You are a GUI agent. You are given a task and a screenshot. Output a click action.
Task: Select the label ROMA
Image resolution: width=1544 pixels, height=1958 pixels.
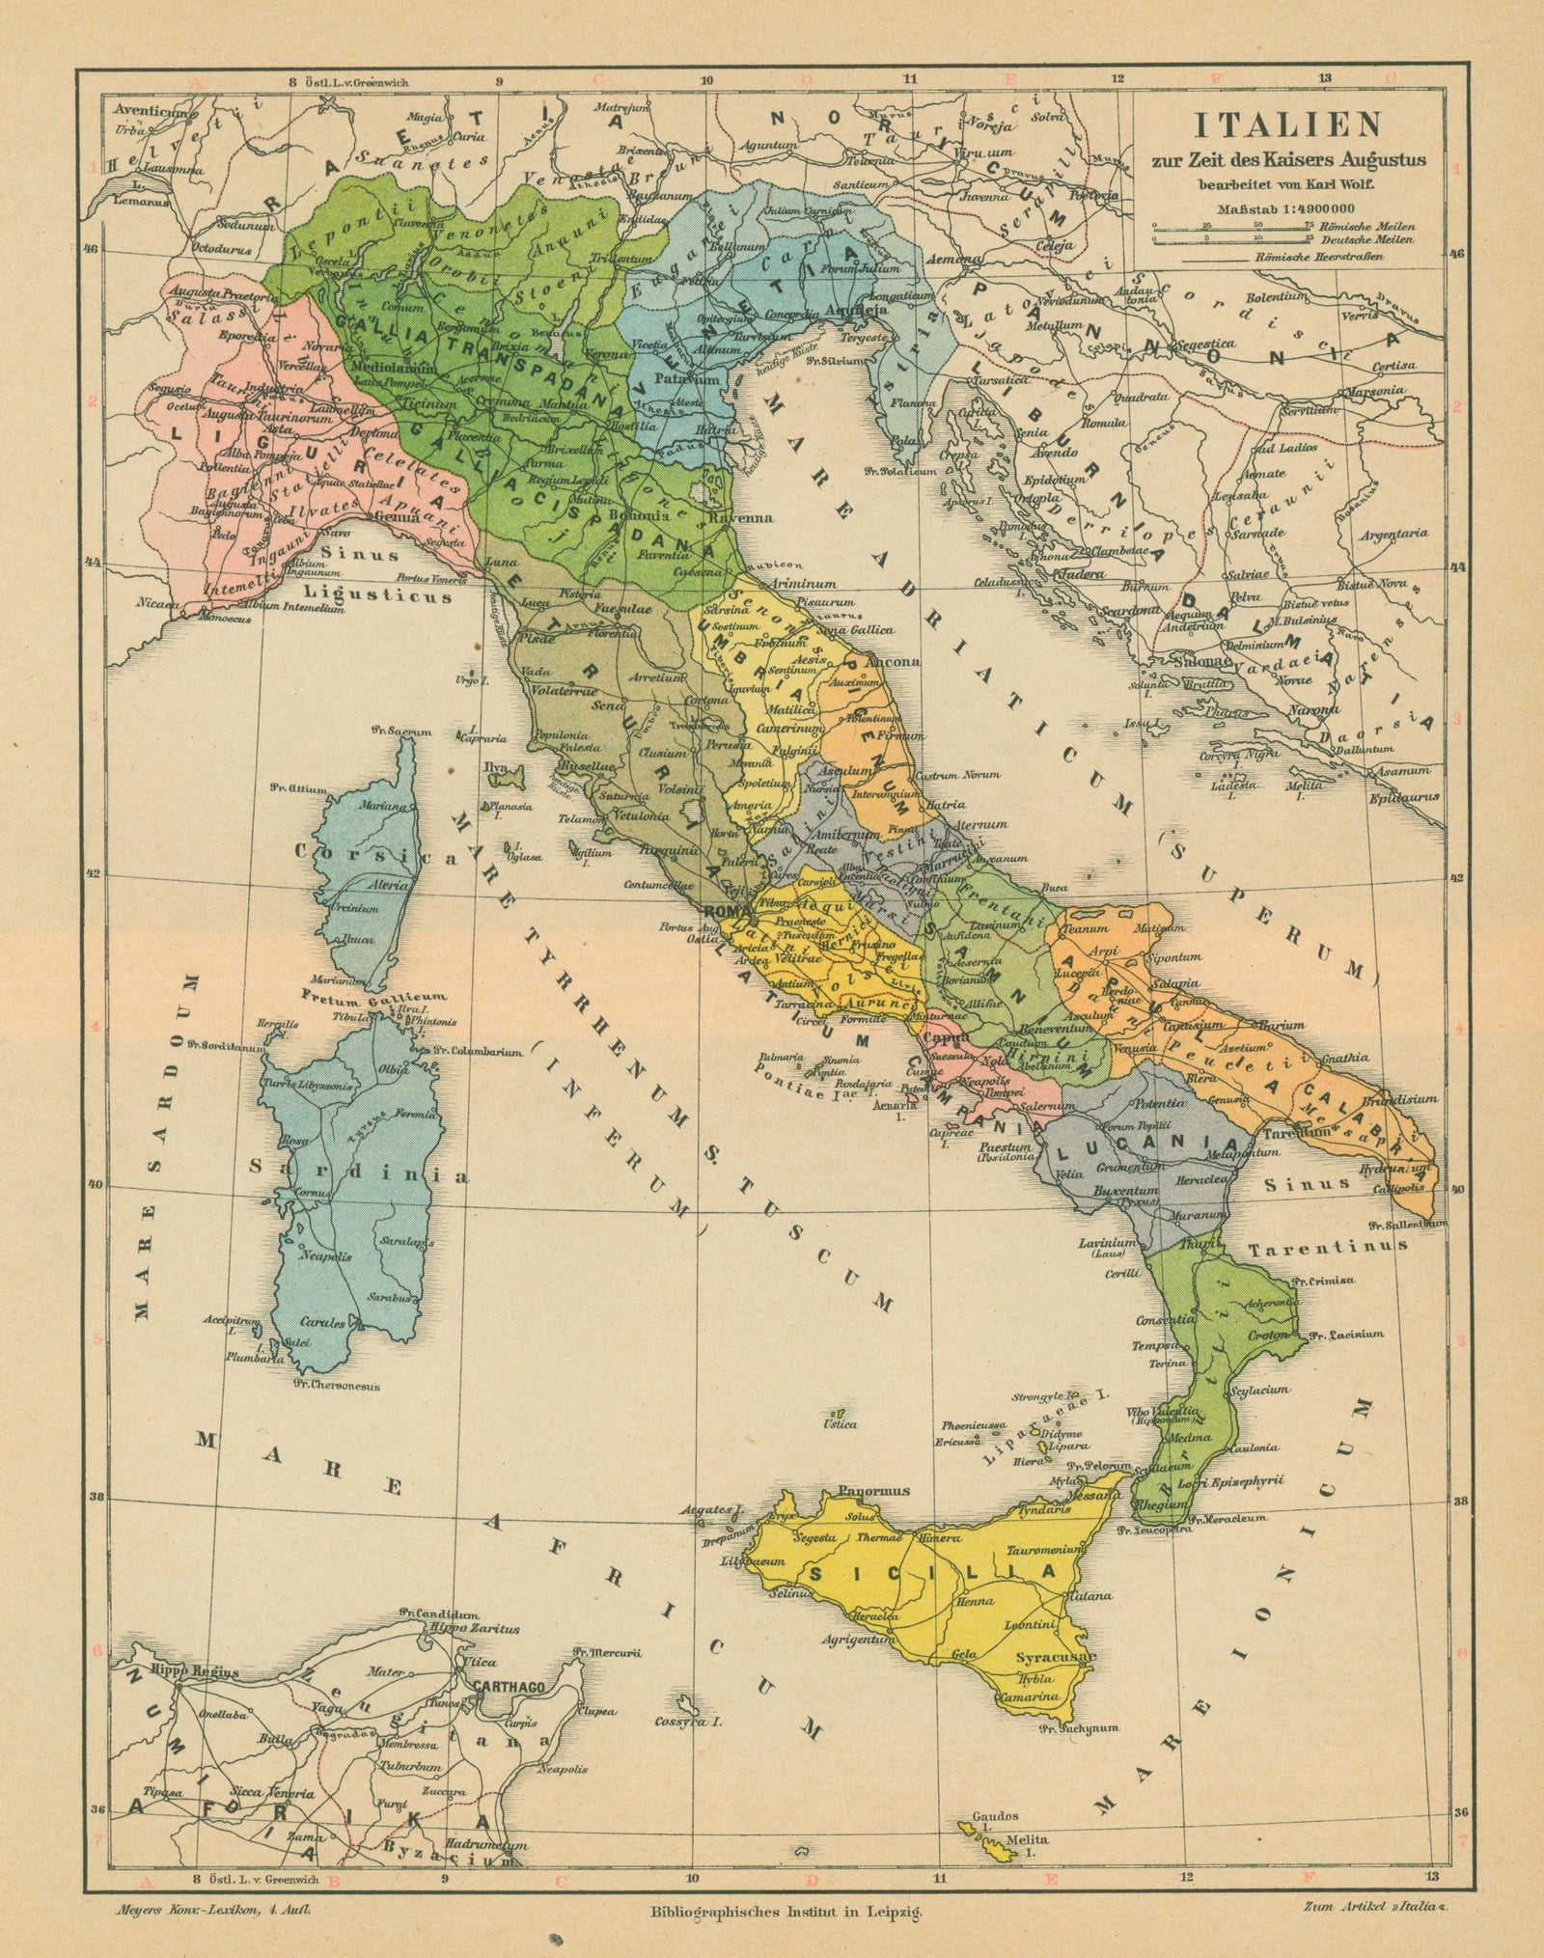pos(722,911)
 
